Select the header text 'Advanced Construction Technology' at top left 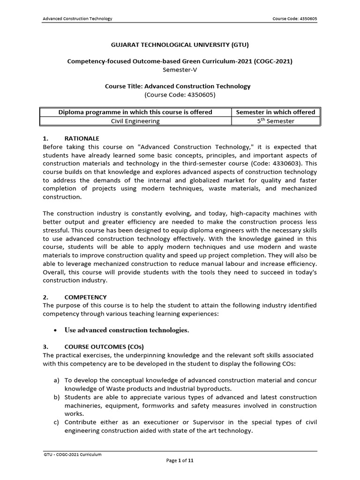tap(77, 19)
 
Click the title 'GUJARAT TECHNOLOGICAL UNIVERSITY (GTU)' tap(180, 45)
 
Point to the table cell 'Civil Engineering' tap(135, 121)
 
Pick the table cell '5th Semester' tap(276, 121)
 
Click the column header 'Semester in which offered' tap(276, 112)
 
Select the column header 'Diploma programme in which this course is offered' tap(135, 112)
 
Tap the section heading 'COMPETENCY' tap(85, 297)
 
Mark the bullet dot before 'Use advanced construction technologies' tap(55, 330)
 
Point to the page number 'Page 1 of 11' tap(180, 461)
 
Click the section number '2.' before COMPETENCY tap(45, 297)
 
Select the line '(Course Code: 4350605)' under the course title tap(180, 94)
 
